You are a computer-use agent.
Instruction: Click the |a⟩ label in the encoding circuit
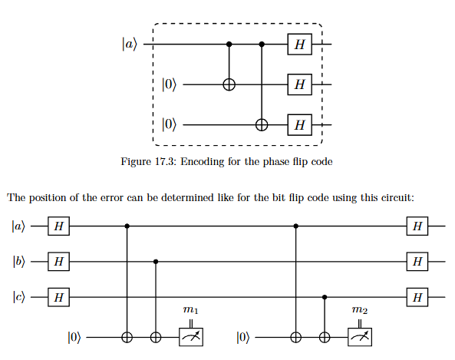point(129,45)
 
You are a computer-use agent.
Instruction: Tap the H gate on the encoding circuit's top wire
point(300,45)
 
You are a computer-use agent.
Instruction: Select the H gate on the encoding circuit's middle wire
point(300,84)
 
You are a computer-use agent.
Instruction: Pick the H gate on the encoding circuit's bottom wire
point(300,125)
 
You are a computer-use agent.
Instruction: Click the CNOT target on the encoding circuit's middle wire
point(229,84)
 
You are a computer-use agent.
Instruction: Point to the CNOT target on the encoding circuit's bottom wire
point(262,125)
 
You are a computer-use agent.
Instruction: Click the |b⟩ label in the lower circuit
point(19,262)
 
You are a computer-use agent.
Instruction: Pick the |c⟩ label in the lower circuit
point(19,297)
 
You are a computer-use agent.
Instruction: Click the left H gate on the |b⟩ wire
point(58,262)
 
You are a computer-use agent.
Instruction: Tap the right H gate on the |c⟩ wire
point(417,297)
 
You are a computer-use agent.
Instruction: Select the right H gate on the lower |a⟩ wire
point(417,226)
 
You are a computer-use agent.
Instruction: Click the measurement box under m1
point(191,337)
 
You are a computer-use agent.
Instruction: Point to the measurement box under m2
point(360,337)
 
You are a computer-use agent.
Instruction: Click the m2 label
point(360,310)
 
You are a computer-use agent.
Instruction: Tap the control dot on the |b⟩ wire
point(156,262)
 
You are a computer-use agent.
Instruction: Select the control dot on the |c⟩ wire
point(325,297)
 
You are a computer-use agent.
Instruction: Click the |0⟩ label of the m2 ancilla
point(243,337)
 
